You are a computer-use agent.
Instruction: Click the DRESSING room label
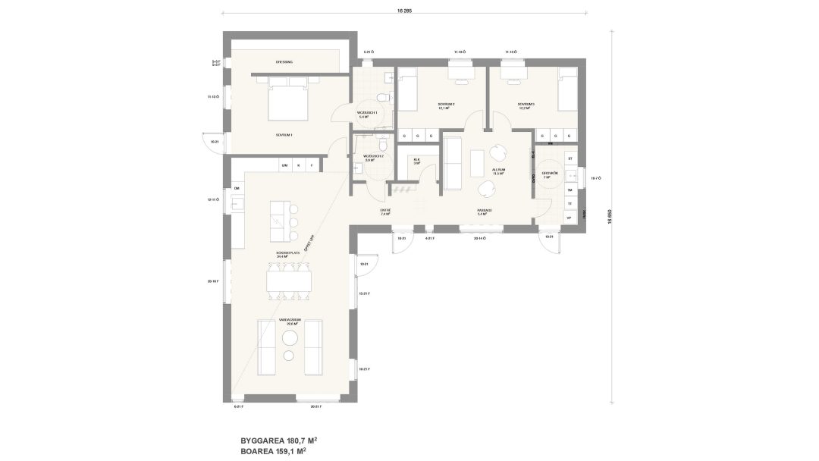click(284, 61)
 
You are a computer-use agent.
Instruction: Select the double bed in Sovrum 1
click(288, 102)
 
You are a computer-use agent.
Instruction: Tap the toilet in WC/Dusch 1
click(384, 98)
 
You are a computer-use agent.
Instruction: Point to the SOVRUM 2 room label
click(446, 105)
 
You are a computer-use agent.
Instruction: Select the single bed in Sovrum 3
click(566, 90)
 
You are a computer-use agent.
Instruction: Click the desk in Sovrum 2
click(460, 72)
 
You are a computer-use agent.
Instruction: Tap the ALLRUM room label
click(498, 171)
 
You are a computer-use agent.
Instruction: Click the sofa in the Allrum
click(453, 162)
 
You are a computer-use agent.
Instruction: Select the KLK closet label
click(416, 161)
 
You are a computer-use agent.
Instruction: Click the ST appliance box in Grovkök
click(570, 158)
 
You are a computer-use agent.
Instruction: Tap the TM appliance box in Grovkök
click(570, 190)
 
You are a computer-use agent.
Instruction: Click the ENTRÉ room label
click(384, 212)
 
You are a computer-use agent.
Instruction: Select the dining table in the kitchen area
click(288, 281)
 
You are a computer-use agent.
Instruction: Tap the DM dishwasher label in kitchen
click(237, 187)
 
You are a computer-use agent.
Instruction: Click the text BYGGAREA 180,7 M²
click(278, 440)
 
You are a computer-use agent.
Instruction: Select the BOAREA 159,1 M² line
click(274, 450)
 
